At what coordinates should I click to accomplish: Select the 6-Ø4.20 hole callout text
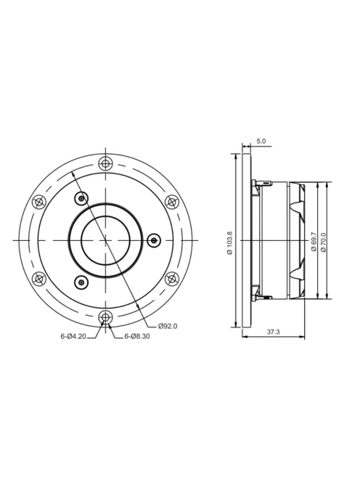click(x=74, y=336)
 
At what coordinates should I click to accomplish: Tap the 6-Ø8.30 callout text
click(x=137, y=336)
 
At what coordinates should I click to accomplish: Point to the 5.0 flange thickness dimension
click(x=261, y=141)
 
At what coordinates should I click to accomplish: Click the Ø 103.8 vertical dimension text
click(x=229, y=242)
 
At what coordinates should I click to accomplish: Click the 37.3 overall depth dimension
click(x=273, y=332)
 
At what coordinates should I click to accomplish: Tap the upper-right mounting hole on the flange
click(x=172, y=201)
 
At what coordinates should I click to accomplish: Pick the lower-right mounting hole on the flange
click(x=172, y=277)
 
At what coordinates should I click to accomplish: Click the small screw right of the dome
click(x=153, y=240)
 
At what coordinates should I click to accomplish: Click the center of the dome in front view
click(x=106, y=240)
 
